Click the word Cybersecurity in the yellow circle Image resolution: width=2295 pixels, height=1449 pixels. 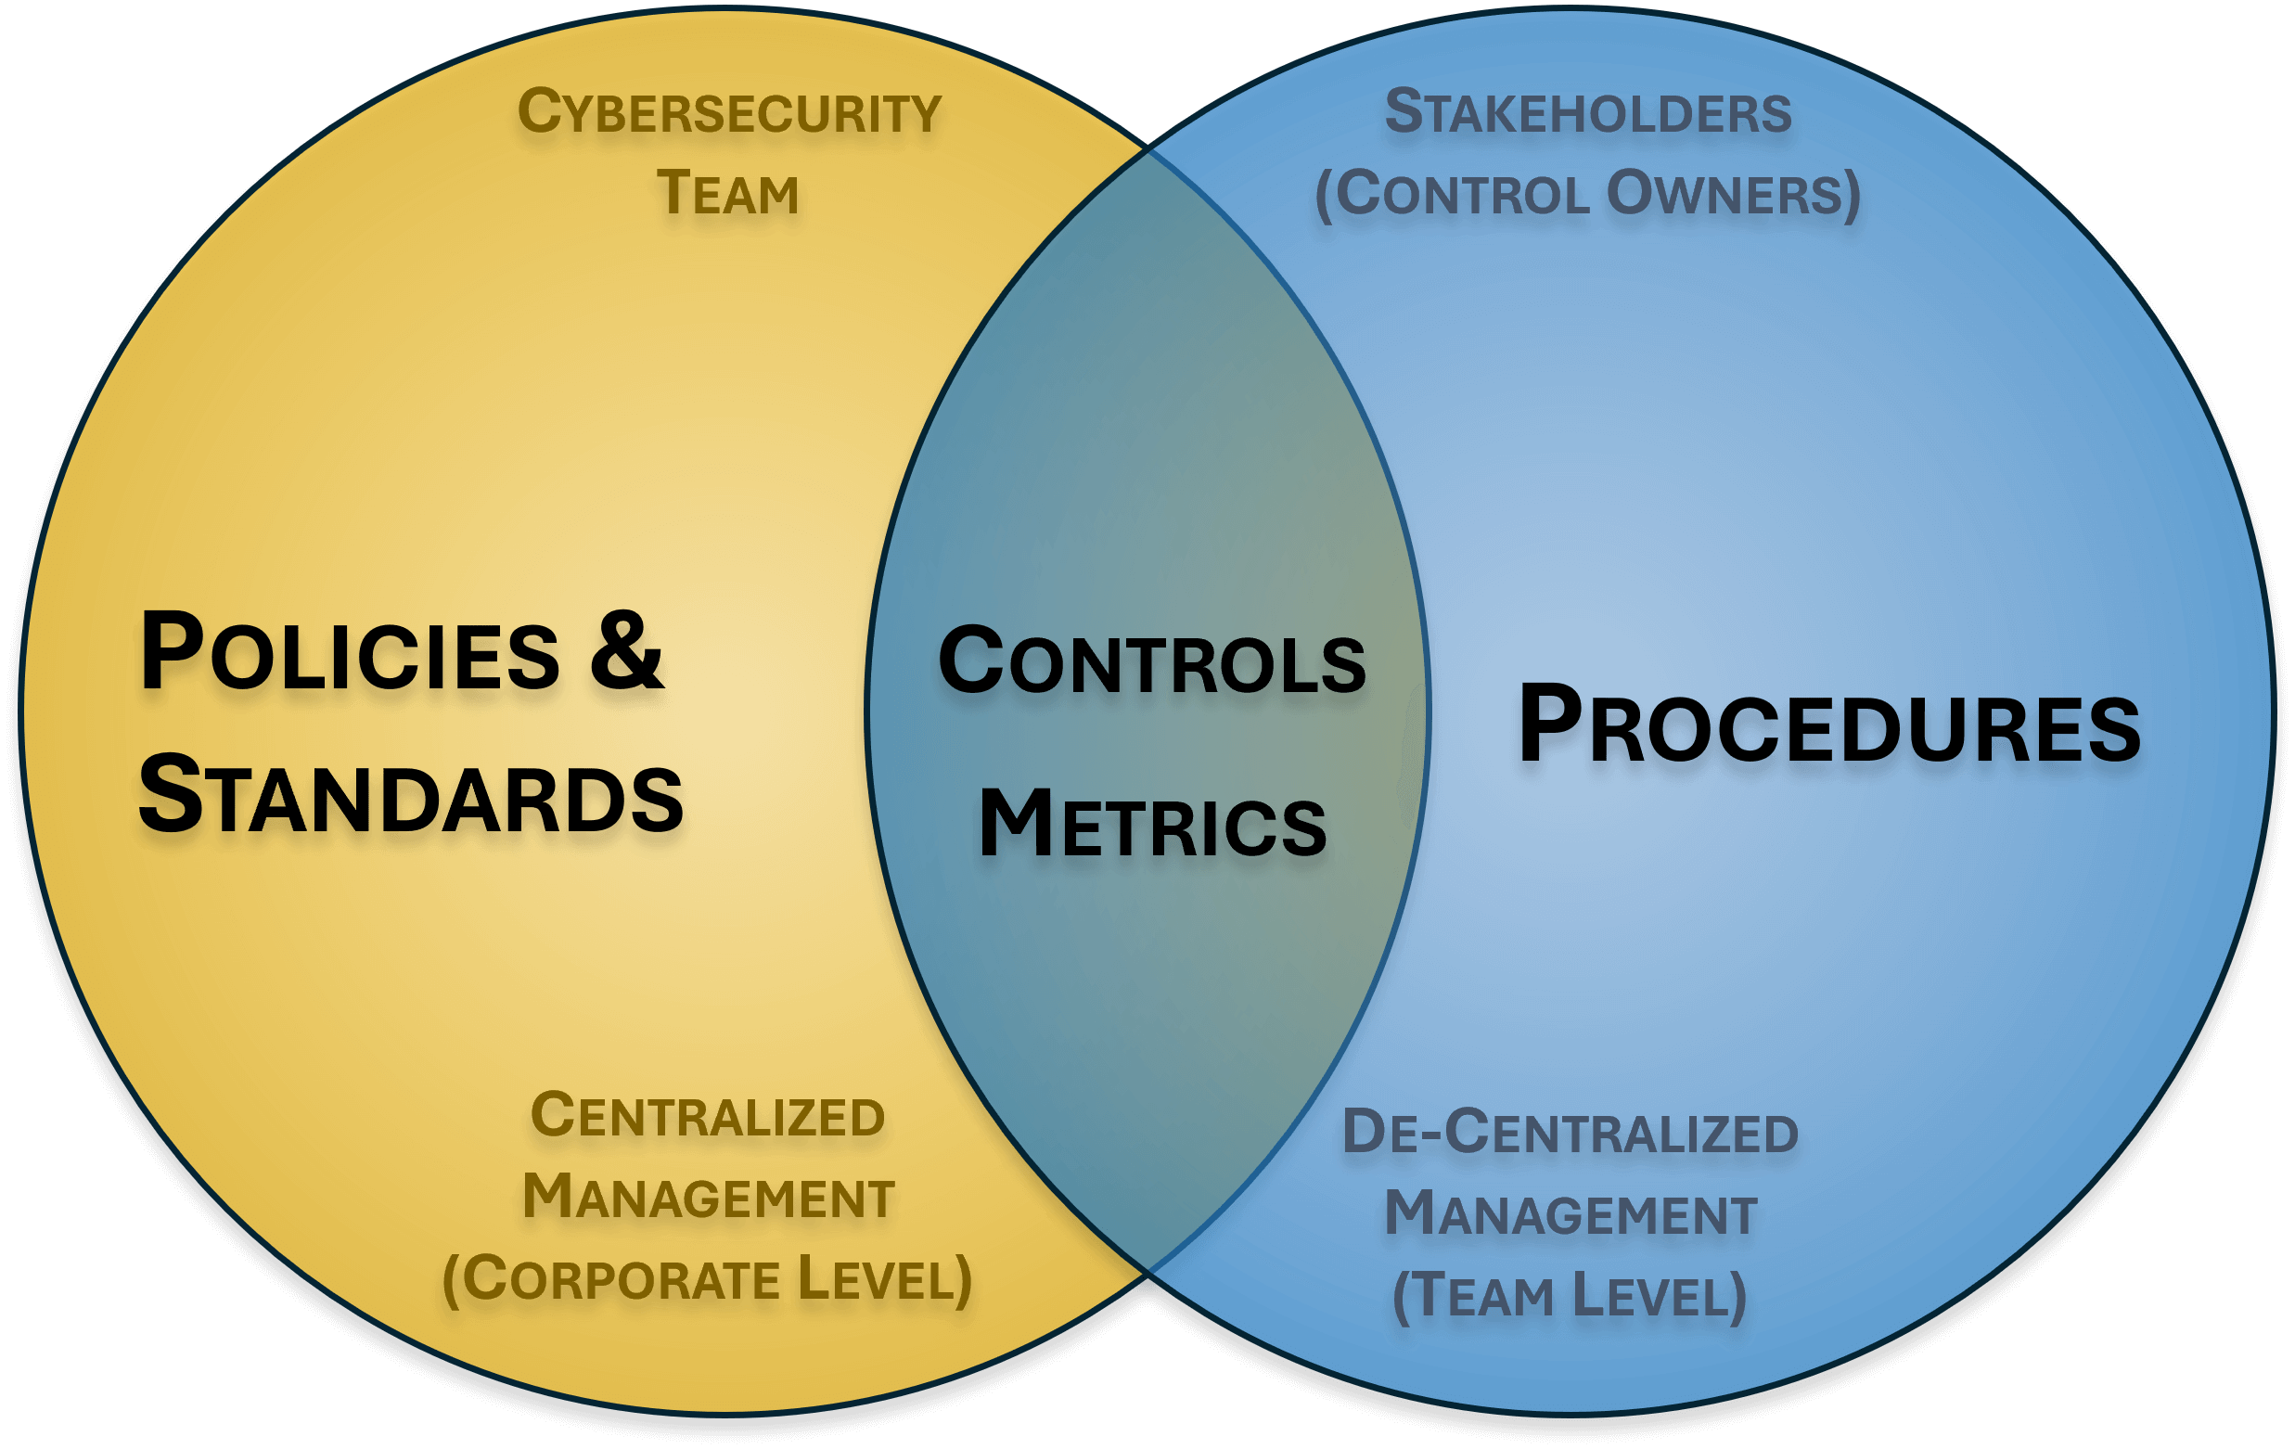[x=729, y=112]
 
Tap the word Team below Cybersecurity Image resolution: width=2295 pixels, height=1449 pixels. [x=727, y=194]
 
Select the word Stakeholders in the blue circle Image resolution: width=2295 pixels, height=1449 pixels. [x=1588, y=112]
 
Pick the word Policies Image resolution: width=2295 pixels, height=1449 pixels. [x=350, y=653]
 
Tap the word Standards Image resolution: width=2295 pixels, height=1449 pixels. [x=411, y=796]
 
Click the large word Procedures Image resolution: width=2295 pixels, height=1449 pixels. [x=1829, y=727]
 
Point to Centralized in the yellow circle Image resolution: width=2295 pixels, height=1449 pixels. [x=707, y=1116]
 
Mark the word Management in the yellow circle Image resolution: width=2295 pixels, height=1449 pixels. [x=708, y=1198]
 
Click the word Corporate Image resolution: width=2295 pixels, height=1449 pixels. [x=623, y=1279]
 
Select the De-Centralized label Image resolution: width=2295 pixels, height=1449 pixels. [x=1570, y=1134]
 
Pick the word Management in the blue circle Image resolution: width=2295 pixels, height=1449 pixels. [x=1570, y=1214]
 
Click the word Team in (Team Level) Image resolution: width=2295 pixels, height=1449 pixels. [x=1482, y=1297]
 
